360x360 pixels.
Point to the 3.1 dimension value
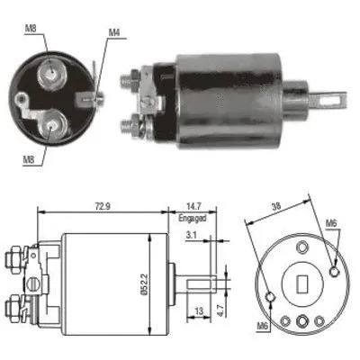tap(191, 236)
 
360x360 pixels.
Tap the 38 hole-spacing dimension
tap(277, 206)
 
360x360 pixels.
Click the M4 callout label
tap(114, 33)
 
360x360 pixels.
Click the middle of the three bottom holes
tap(302, 319)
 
